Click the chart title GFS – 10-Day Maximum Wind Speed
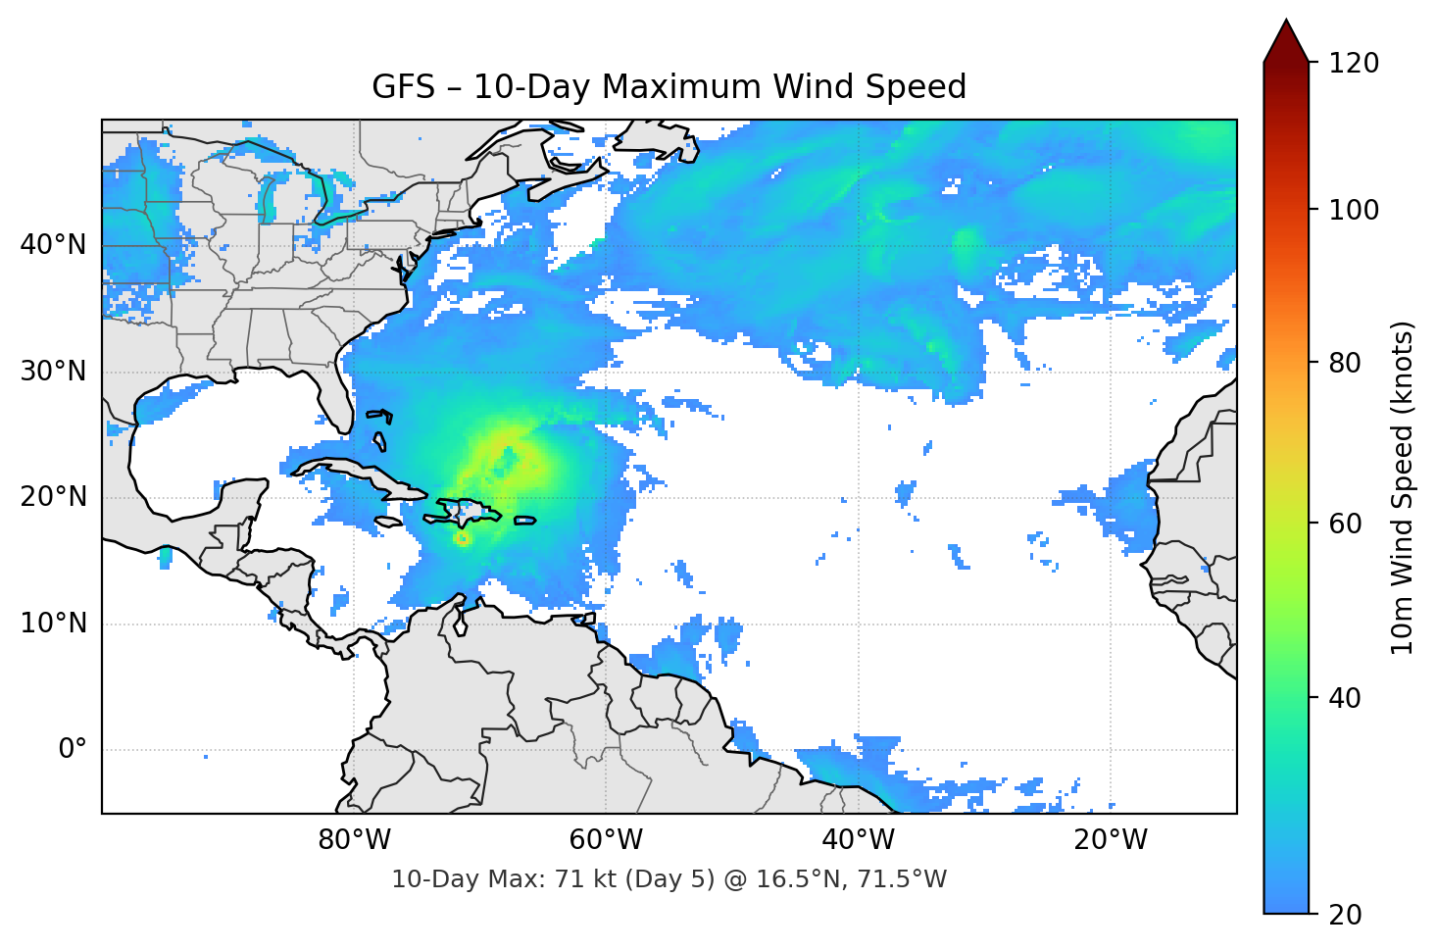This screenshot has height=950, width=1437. click(x=669, y=87)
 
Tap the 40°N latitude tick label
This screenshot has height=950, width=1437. click(x=53, y=245)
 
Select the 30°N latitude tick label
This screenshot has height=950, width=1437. click(x=53, y=372)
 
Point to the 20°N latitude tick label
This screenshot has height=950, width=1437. click(x=53, y=497)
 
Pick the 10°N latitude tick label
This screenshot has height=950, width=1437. click(x=53, y=624)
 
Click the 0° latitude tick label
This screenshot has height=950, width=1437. click(x=73, y=750)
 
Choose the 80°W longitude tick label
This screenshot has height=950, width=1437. click(x=354, y=840)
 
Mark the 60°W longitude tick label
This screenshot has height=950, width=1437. click(x=606, y=840)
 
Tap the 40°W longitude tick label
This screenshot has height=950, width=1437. click(x=858, y=840)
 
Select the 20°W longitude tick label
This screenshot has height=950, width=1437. click(x=1110, y=840)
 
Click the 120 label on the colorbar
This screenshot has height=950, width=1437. click(x=1354, y=64)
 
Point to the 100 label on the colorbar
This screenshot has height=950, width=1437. click(x=1354, y=210)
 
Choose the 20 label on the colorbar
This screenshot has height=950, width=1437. click(x=1345, y=915)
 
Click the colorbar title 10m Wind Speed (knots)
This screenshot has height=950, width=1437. click(x=1403, y=487)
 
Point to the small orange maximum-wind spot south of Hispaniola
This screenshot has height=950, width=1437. click(x=462, y=538)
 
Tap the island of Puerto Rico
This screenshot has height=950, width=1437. click(x=524, y=520)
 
